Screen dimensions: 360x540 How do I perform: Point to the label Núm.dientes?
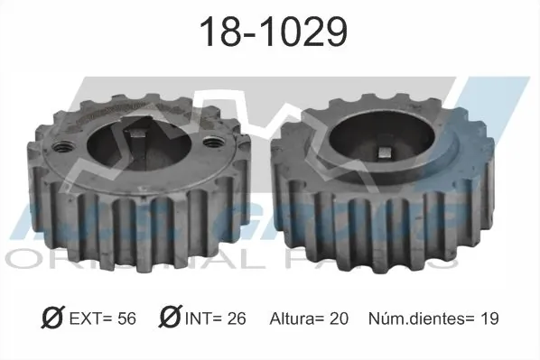[414, 318]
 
